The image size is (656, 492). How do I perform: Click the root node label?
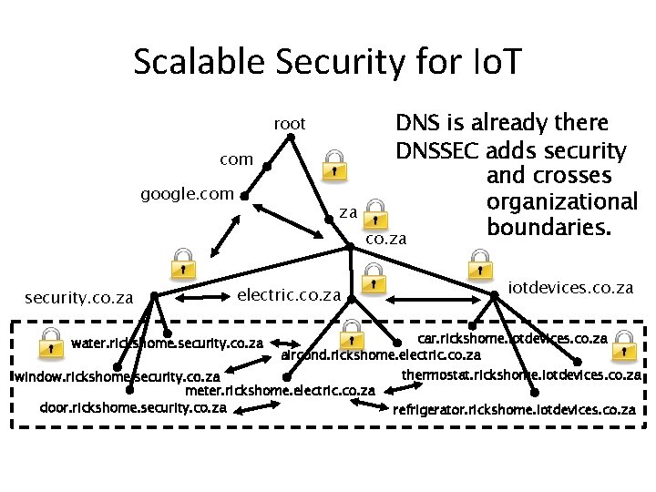tap(290, 124)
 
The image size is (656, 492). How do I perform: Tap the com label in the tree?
tap(236, 159)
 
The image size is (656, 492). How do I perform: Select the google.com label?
tap(187, 194)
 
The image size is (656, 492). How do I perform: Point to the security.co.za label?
tap(79, 297)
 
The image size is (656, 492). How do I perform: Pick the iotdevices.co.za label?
tap(570, 287)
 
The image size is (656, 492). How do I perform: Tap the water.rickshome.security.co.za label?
tap(167, 344)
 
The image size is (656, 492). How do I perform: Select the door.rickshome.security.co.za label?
tap(133, 407)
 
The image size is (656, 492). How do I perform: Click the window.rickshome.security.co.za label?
tap(115, 376)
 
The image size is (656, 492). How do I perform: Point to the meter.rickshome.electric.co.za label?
tap(280, 391)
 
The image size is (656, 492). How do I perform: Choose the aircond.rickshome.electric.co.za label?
tap(381, 354)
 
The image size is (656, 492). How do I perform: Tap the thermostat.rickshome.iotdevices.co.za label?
tap(521, 374)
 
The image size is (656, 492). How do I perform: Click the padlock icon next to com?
tap(334, 163)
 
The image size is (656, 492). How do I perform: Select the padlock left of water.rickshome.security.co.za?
tap(48, 342)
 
